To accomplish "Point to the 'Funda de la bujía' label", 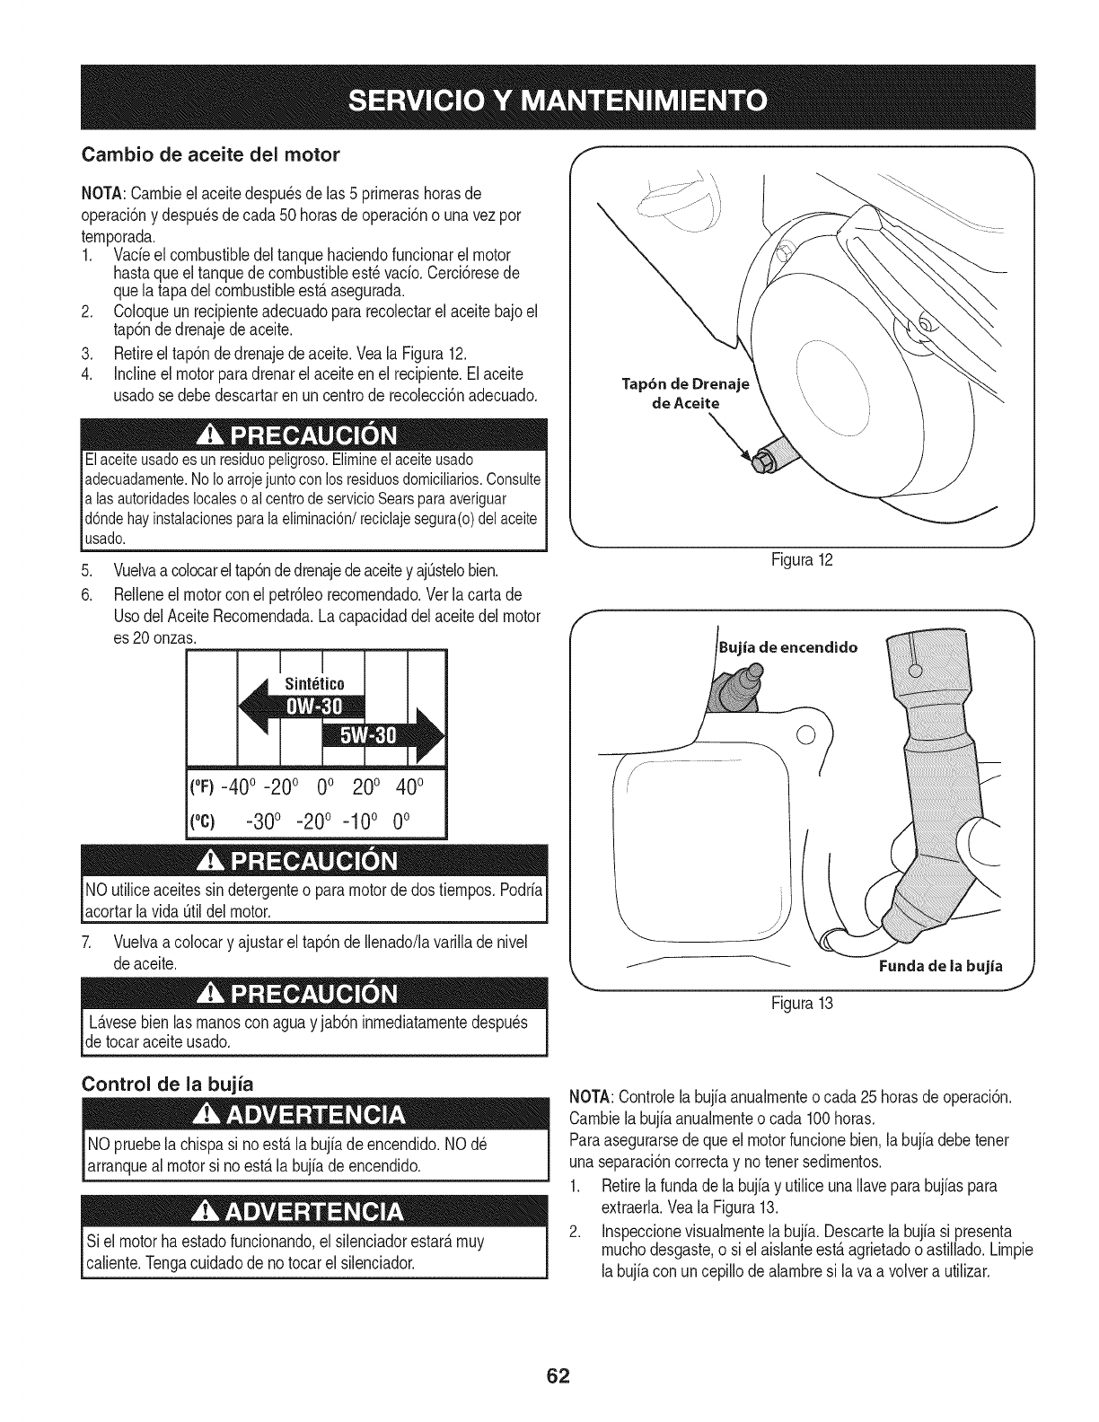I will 939,967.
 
